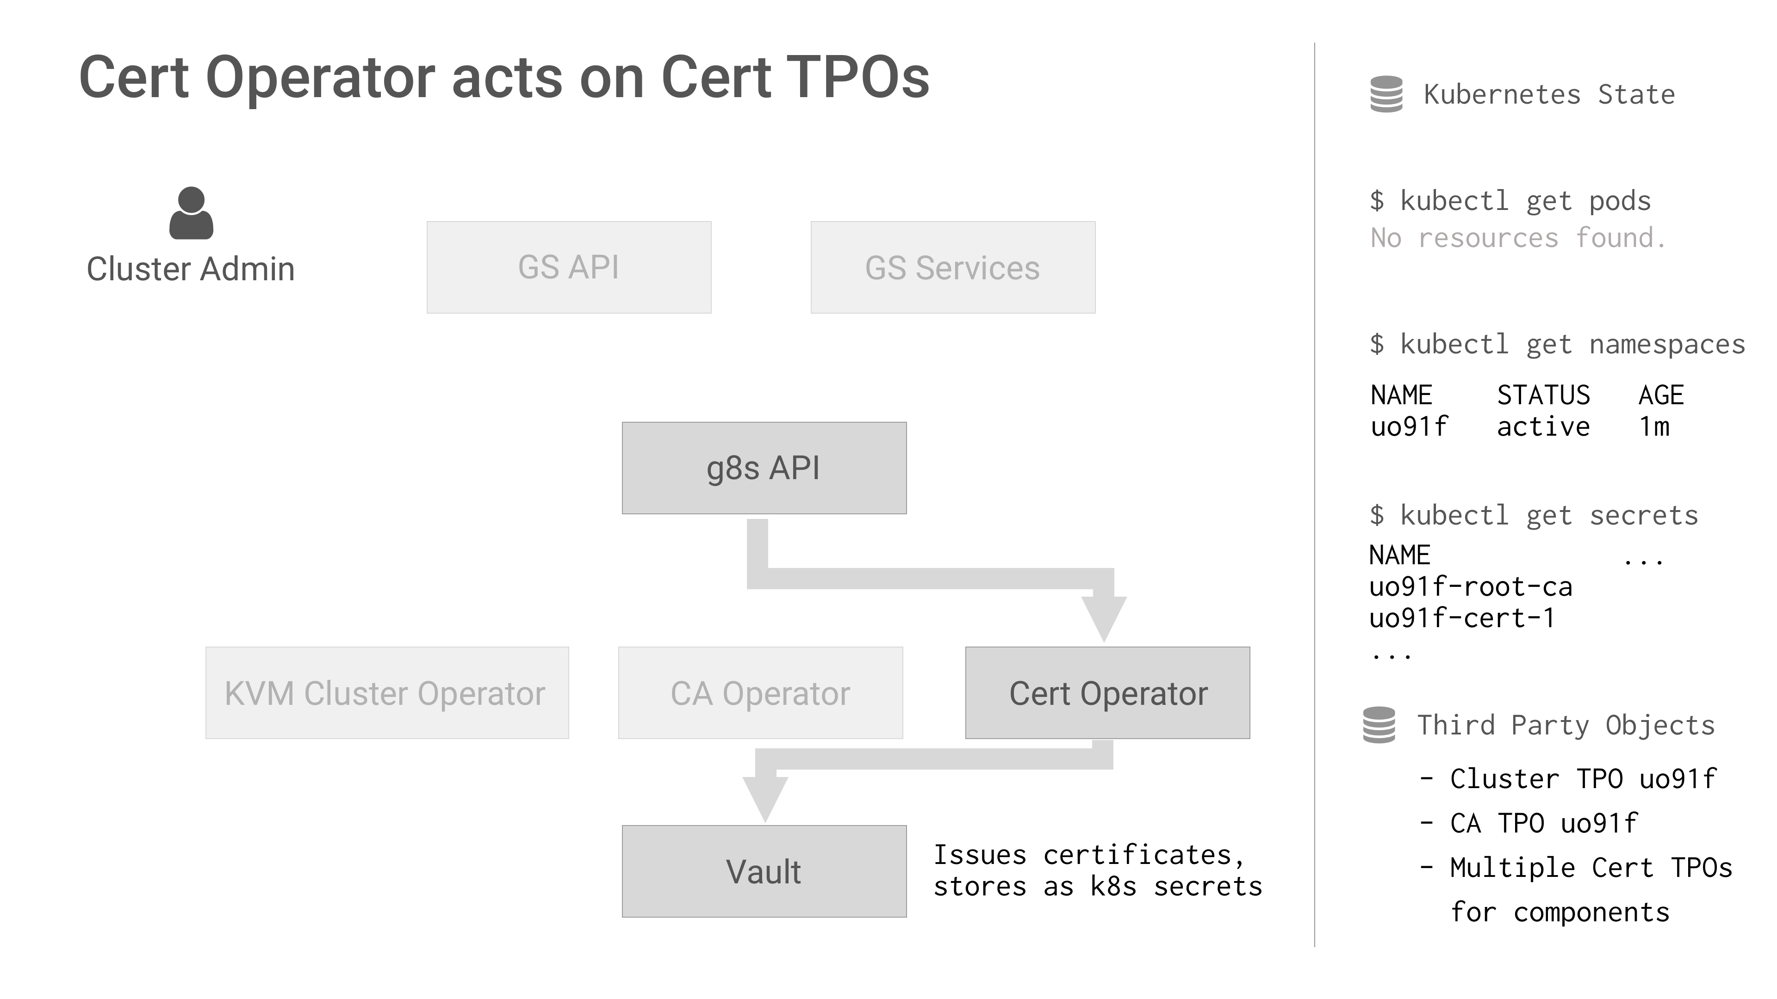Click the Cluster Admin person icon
(x=191, y=213)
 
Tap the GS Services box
(x=953, y=267)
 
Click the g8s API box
(x=764, y=468)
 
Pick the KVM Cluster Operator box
(x=387, y=693)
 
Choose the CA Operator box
(x=760, y=693)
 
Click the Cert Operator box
(x=1107, y=693)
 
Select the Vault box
(x=764, y=871)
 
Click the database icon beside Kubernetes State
(x=1386, y=94)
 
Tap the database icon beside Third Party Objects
(x=1379, y=725)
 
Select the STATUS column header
(x=1543, y=395)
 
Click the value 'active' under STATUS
(x=1543, y=427)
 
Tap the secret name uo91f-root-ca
(x=1471, y=587)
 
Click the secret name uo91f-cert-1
(x=1462, y=618)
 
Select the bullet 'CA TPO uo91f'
(x=1543, y=823)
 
